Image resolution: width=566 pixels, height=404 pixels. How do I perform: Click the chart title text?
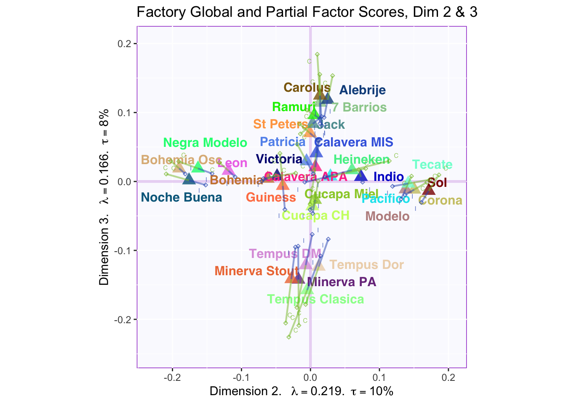click(x=307, y=12)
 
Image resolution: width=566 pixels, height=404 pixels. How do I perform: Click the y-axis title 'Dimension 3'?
click(x=104, y=251)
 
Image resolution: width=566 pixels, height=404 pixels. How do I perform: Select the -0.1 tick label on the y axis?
click(x=124, y=251)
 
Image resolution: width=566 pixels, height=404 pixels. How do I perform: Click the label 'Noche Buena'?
click(x=181, y=197)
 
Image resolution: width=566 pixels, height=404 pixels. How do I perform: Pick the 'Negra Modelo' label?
click(x=205, y=143)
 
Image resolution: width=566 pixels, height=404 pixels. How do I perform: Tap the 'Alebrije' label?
click(x=362, y=90)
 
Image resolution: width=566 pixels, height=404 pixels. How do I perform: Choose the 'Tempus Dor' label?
click(x=366, y=265)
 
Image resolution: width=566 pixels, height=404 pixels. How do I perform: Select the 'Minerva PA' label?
click(x=342, y=282)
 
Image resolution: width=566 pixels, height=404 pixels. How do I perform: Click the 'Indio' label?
click(x=388, y=177)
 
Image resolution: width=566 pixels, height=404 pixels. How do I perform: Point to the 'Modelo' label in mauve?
click(x=387, y=216)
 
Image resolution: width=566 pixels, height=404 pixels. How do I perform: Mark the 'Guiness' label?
click(x=271, y=197)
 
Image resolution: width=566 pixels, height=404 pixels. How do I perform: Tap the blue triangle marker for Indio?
click(x=361, y=176)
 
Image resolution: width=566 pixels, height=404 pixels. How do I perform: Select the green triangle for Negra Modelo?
click(x=198, y=167)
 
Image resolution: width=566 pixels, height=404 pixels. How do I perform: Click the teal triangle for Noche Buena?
click(x=189, y=179)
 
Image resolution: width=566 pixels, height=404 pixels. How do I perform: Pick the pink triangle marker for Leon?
click(x=227, y=170)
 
